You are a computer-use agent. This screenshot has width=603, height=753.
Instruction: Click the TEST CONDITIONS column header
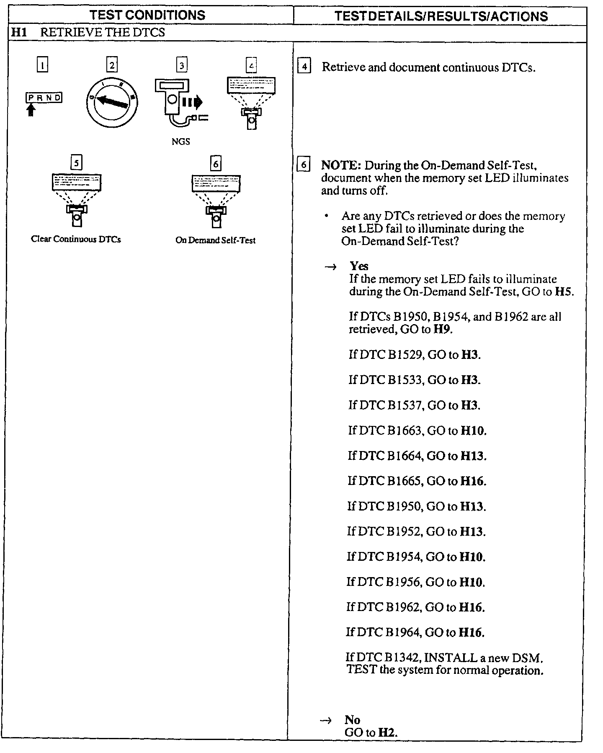click(147, 15)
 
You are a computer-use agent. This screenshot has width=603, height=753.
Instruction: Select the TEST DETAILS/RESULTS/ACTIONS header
click(441, 16)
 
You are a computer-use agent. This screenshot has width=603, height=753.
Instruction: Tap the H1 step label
click(18, 33)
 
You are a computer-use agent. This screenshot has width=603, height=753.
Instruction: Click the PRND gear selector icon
click(44, 98)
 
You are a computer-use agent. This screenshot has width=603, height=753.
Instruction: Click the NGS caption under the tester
click(180, 142)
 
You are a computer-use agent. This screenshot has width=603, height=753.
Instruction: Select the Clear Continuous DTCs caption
click(76, 240)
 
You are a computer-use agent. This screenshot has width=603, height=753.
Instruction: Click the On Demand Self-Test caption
click(215, 240)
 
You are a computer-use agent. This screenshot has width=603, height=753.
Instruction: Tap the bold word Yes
click(359, 266)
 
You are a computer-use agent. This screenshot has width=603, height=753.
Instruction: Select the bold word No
click(352, 719)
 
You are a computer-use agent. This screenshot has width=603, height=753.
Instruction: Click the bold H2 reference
click(387, 732)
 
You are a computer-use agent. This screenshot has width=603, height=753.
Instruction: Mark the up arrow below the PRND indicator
click(31, 110)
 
